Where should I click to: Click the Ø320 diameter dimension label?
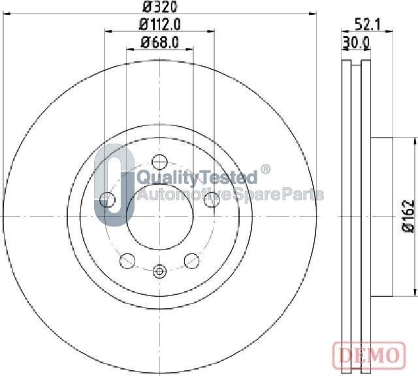pos(159,7)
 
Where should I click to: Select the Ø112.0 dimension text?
pos(159,25)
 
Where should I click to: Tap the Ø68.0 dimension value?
pos(159,42)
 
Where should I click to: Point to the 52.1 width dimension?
pos(368,25)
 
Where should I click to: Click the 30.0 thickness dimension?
pos(356,42)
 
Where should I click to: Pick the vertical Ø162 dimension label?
pos(409,217)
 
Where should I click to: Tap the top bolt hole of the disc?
pos(159,162)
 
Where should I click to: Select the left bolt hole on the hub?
pos(107,199)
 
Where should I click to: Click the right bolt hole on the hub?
pos(212,200)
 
